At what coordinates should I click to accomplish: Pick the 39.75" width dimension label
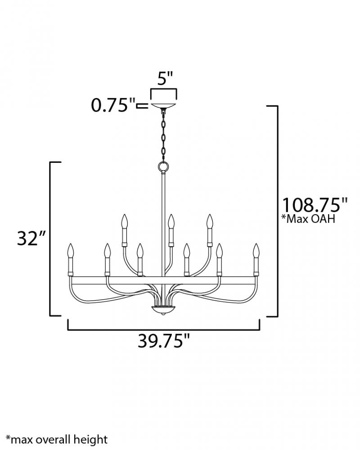(164, 341)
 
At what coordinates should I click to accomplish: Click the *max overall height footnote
(57, 439)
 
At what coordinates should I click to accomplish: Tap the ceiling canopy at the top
(164, 105)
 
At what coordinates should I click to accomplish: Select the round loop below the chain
(164, 166)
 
